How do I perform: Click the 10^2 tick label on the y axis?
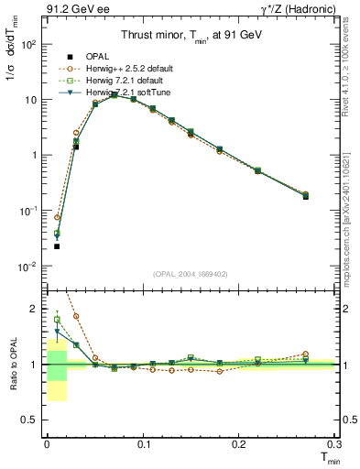[x=27, y=44]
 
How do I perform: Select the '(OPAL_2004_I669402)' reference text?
[x=190, y=273]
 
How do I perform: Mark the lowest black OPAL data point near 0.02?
[x=57, y=246]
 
